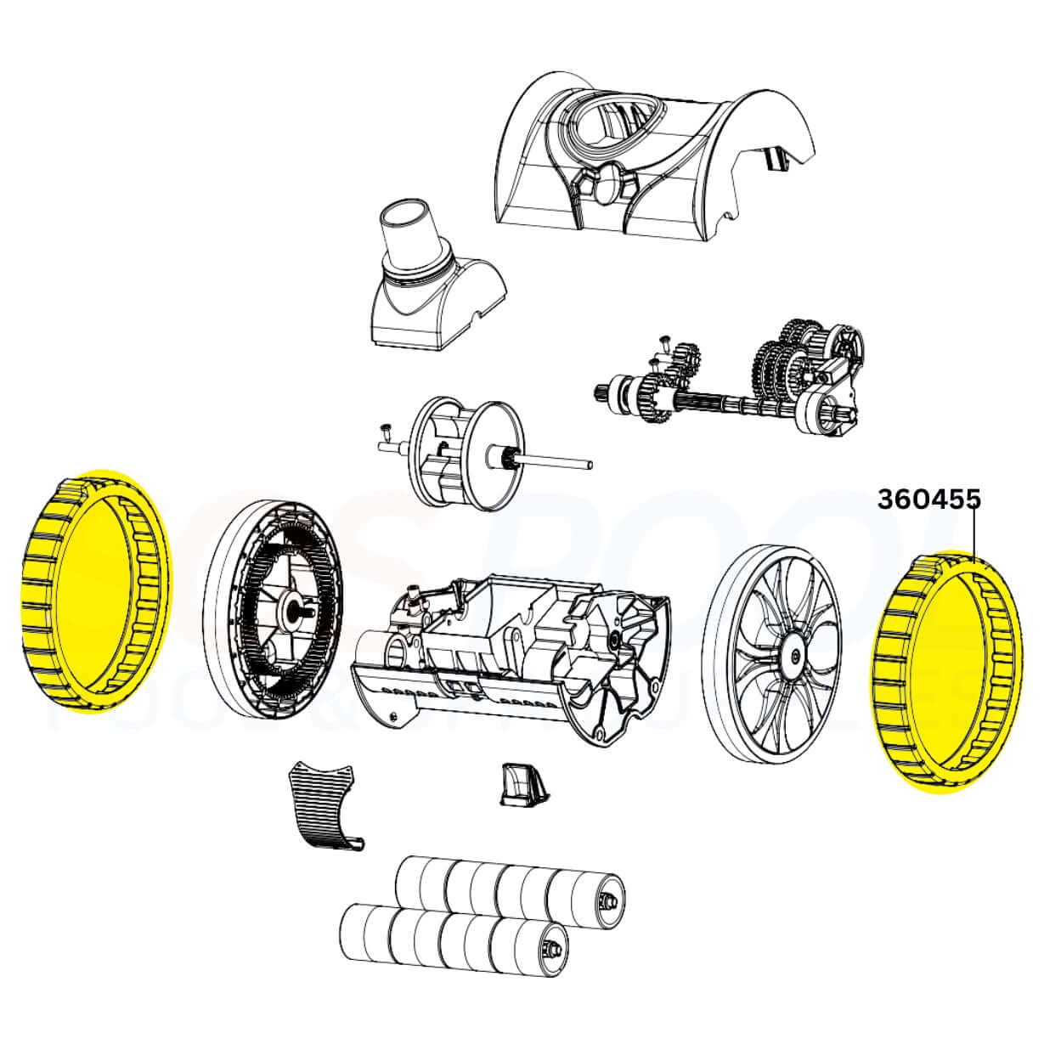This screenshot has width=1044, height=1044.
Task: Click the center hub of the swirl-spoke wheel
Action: click(793, 655)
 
